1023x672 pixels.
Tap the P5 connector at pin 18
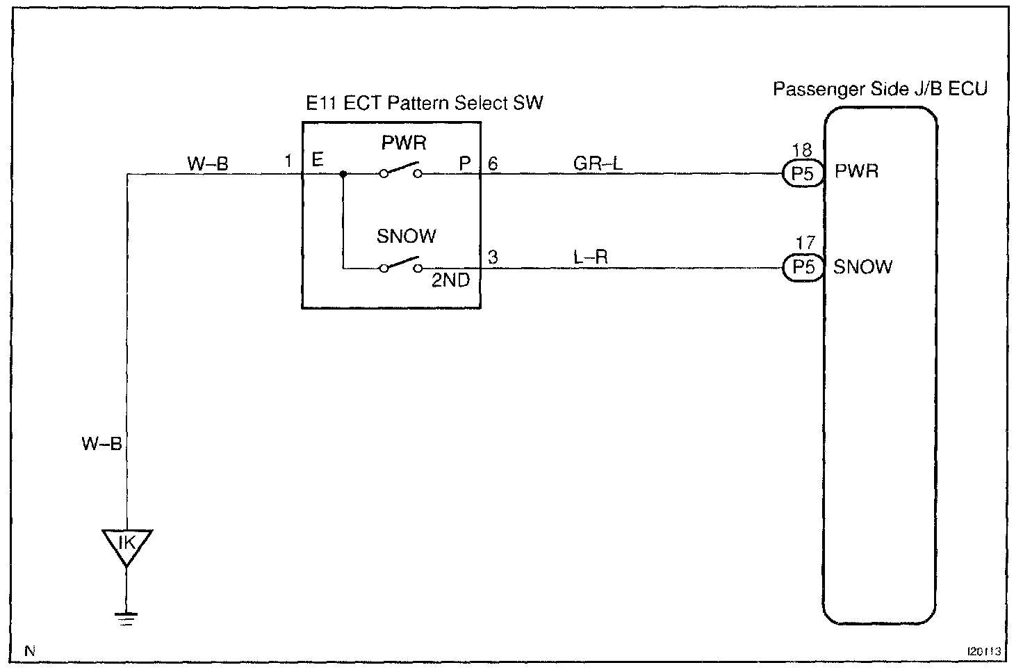point(803,174)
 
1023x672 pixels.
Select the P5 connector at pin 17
point(803,267)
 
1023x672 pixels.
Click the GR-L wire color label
point(598,163)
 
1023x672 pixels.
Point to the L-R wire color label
point(591,257)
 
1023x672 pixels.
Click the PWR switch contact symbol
point(400,170)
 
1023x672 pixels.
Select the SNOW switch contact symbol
point(400,264)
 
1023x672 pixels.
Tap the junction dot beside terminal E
point(343,174)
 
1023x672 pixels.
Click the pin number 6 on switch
point(493,163)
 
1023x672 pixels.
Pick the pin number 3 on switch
point(493,257)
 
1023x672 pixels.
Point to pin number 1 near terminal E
point(288,161)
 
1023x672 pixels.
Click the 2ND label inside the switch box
point(451,280)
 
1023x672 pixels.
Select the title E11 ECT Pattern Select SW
point(424,103)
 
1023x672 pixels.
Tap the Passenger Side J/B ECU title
point(880,88)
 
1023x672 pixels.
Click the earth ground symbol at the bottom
point(126,619)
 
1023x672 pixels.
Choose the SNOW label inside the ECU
point(862,267)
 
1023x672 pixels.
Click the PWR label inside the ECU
point(856,171)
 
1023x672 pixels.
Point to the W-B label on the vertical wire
point(102,443)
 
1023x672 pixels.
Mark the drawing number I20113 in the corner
point(984,651)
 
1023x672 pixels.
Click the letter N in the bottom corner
point(30,650)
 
